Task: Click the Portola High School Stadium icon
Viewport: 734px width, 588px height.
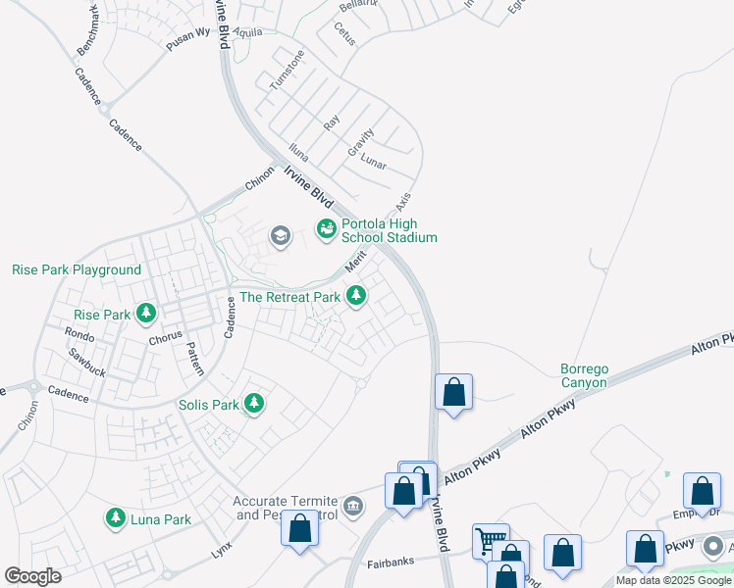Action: [327, 229]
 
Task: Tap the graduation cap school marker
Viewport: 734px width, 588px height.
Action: [281, 235]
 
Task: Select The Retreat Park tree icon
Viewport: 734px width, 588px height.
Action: [356, 295]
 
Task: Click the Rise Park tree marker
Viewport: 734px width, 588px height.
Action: [146, 314]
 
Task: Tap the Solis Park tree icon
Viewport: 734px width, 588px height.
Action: [254, 403]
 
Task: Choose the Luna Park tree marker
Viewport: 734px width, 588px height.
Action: [116, 517]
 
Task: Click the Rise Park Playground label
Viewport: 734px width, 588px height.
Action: [77, 269]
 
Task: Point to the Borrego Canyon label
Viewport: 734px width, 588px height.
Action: [584, 375]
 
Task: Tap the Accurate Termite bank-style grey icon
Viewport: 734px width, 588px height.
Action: [353, 507]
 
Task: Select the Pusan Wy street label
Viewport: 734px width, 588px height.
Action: [188, 38]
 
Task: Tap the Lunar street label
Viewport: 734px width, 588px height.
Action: [374, 160]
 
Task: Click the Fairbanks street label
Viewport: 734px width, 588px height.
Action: [391, 562]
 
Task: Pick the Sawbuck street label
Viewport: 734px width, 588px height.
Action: [87, 367]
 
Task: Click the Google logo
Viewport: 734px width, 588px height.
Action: [33, 576]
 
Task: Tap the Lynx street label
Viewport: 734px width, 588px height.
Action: [221, 552]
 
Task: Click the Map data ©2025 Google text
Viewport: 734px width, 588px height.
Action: [674, 580]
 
